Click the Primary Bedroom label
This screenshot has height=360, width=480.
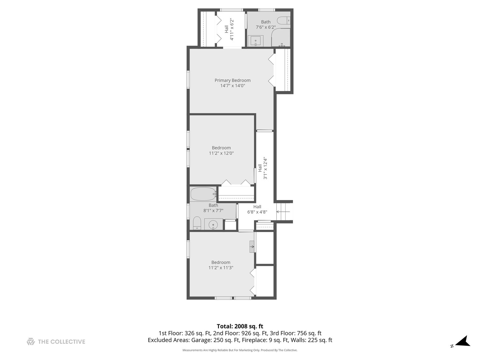click(x=232, y=80)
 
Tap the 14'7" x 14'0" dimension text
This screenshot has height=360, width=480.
click(x=232, y=86)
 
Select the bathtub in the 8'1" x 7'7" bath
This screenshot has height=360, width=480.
click(x=203, y=194)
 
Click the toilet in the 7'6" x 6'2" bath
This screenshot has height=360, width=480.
click(x=284, y=21)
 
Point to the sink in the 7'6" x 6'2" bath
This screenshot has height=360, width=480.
click(x=255, y=41)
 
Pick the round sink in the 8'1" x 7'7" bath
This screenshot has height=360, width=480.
click(x=213, y=224)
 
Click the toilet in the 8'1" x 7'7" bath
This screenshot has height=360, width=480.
click(x=197, y=223)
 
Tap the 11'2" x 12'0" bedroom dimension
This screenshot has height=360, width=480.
click(x=221, y=153)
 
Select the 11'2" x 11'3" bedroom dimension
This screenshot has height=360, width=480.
click(x=221, y=268)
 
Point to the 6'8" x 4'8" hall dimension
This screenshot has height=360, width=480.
click(x=257, y=212)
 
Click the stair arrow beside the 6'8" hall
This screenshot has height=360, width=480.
click(x=283, y=212)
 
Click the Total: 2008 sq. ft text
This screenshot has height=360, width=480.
click(x=240, y=326)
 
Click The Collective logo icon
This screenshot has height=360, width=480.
click(x=31, y=342)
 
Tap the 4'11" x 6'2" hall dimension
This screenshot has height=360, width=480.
click(x=232, y=29)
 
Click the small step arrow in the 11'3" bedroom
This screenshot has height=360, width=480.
click(x=252, y=247)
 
